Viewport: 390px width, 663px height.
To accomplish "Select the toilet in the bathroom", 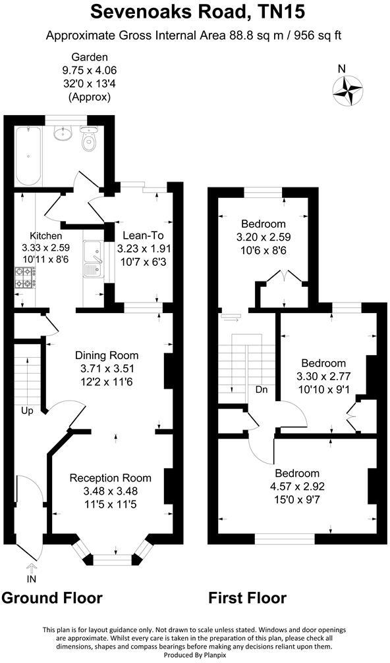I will tap(88, 140).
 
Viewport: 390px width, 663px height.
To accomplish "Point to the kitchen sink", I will tap(92, 258).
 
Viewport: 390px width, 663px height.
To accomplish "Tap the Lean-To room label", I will tap(140, 235).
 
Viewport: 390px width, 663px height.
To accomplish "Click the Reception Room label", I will tap(110, 478).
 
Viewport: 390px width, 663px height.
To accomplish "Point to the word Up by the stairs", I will tap(26, 410).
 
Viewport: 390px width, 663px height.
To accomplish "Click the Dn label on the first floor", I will tap(262, 389).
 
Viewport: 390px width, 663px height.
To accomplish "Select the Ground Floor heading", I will tap(52, 598).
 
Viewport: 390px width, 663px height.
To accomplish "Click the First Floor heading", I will tap(247, 598).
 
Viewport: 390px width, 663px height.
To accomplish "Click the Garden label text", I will tap(90, 57).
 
